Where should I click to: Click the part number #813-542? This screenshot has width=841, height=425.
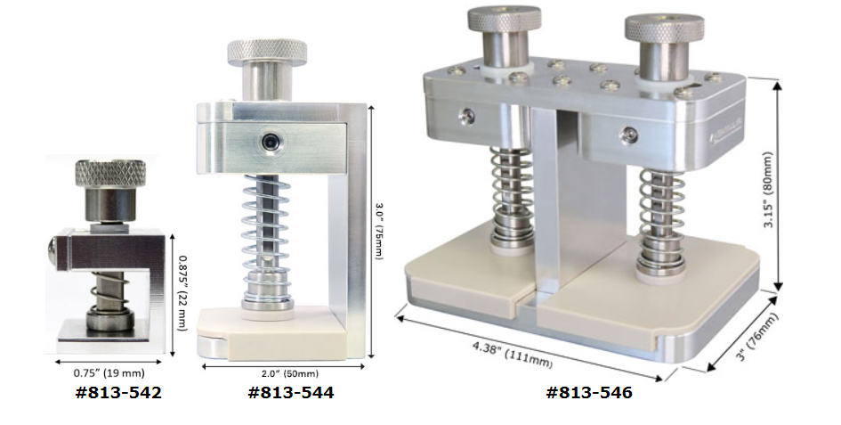pos(118,393)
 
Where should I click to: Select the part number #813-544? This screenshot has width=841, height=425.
pos(291,393)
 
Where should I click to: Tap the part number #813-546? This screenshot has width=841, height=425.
pos(589,393)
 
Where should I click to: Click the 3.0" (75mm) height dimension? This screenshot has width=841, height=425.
pos(378,232)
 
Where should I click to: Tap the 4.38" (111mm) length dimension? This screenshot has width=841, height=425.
pos(513,355)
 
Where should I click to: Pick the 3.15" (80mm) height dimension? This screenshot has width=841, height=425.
pos(769,190)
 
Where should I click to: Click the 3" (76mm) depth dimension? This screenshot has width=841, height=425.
pos(756,337)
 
